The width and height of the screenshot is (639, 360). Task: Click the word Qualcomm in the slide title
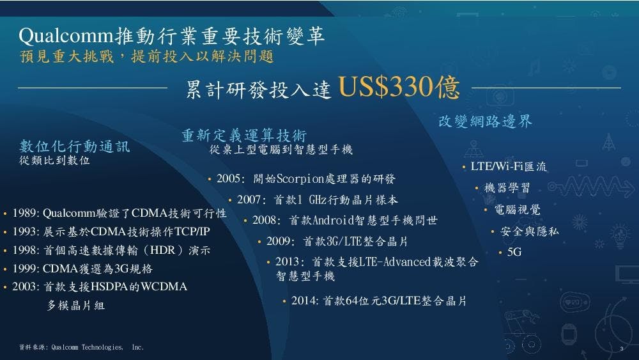point(66,36)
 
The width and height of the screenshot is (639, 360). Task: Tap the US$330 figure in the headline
point(385,86)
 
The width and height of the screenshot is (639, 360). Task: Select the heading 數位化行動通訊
point(75,146)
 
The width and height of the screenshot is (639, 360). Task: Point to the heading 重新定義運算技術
point(244,136)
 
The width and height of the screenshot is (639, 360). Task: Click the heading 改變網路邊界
point(485,121)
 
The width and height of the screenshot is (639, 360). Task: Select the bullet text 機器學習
point(507,188)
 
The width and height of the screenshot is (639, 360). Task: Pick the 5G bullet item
point(514,252)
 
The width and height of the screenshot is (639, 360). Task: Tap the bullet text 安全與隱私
point(529,231)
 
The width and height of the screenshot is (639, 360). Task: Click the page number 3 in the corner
point(622,349)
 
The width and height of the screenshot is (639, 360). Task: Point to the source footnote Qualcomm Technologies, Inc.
point(97,347)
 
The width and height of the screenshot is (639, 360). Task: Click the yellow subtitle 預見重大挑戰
point(67,56)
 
